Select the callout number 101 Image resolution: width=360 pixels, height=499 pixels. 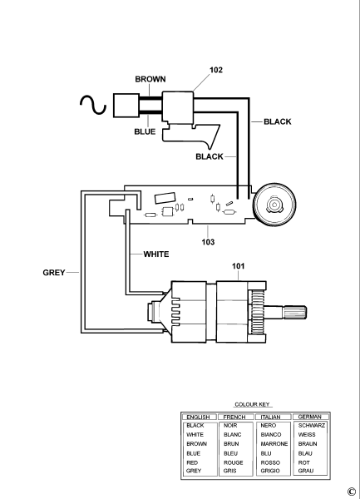coord(239,267)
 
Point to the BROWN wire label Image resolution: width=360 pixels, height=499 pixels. coord(150,79)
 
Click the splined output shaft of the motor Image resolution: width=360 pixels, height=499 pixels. coord(293,314)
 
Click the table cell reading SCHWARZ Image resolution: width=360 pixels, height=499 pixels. coord(312,425)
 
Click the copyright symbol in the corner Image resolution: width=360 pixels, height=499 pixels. coord(352,492)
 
